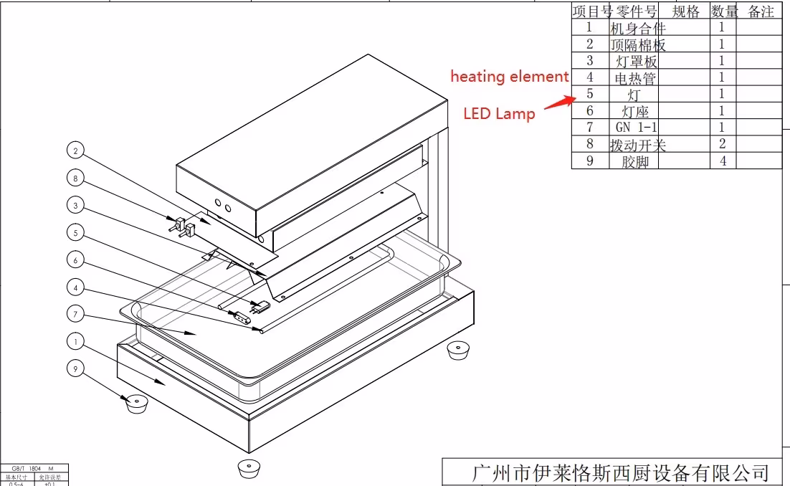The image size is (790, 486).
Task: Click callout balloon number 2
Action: (76, 151)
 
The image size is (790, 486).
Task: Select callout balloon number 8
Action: (76, 178)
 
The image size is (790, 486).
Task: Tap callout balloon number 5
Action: (76, 233)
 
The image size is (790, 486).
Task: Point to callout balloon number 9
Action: (76, 368)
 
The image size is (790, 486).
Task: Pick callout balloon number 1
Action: (76, 340)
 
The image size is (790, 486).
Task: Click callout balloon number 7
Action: (76, 313)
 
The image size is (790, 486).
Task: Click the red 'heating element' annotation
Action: (509, 77)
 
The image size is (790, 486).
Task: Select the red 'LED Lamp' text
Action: (499, 113)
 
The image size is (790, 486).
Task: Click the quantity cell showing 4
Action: (723, 161)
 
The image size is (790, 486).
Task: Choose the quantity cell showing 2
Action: (723, 144)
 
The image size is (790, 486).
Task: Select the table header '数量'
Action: (724, 11)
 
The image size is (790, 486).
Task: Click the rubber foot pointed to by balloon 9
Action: (135, 403)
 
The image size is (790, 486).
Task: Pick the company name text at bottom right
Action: (620, 472)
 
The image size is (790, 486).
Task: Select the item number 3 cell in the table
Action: (590, 61)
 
